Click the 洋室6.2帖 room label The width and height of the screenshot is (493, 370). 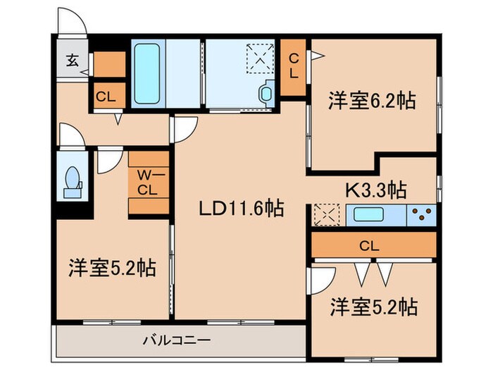[371, 101]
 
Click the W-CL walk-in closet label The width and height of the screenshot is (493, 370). [148, 182]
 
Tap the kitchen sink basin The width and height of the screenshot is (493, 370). [368, 214]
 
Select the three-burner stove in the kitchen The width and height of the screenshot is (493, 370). [421, 214]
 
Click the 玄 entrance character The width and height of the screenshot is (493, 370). [72, 60]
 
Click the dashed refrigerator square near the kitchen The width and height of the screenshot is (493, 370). [326, 214]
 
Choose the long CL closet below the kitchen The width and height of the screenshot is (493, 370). [373, 246]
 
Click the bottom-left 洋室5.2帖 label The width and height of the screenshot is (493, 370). [112, 268]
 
